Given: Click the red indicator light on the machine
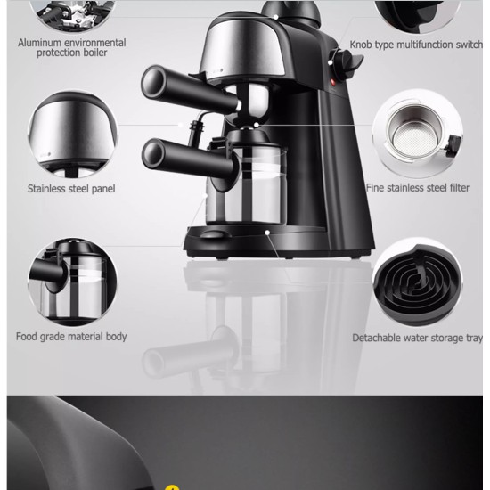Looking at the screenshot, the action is pyautogui.click(x=333, y=82).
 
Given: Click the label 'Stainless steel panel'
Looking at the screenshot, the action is pyautogui.click(x=71, y=189).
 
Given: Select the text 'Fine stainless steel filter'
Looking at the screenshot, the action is pyautogui.click(x=418, y=187).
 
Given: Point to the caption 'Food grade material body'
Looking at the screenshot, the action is pyautogui.click(x=71, y=337).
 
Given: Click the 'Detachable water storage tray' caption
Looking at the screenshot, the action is pyautogui.click(x=418, y=338).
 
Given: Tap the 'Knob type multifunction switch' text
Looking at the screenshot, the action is pyautogui.click(x=416, y=45).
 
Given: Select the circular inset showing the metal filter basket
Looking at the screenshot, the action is pyautogui.click(x=418, y=134).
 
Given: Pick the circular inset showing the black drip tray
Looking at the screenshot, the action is pyautogui.click(x=418, y=282).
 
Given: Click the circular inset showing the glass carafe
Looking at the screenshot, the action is pyautogui.click(x=72, y=282).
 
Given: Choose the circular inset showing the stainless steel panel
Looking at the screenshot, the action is pyautogui.click(x=72, y=135).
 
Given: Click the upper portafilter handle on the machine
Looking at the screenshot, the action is pyautogui.click(x=191, y=89).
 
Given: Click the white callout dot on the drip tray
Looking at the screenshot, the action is pyautogui.click(x=267, y=233).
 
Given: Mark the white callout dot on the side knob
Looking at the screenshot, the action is pyautogui.click(x=330, y=63).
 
